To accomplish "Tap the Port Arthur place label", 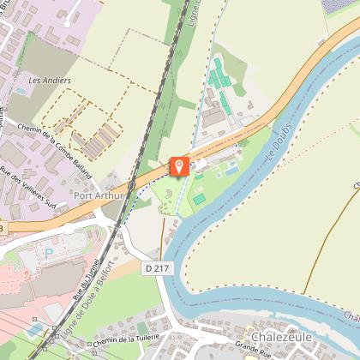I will tap(101, 195).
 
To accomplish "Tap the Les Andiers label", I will tap(50, 81).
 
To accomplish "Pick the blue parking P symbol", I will tap(48, 253).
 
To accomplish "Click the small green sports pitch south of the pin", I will tap(199, 199).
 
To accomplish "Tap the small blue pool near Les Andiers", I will tap(19, 90).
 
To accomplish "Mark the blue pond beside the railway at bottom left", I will tap(34, 328).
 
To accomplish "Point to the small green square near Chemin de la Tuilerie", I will tap(142, 328).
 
